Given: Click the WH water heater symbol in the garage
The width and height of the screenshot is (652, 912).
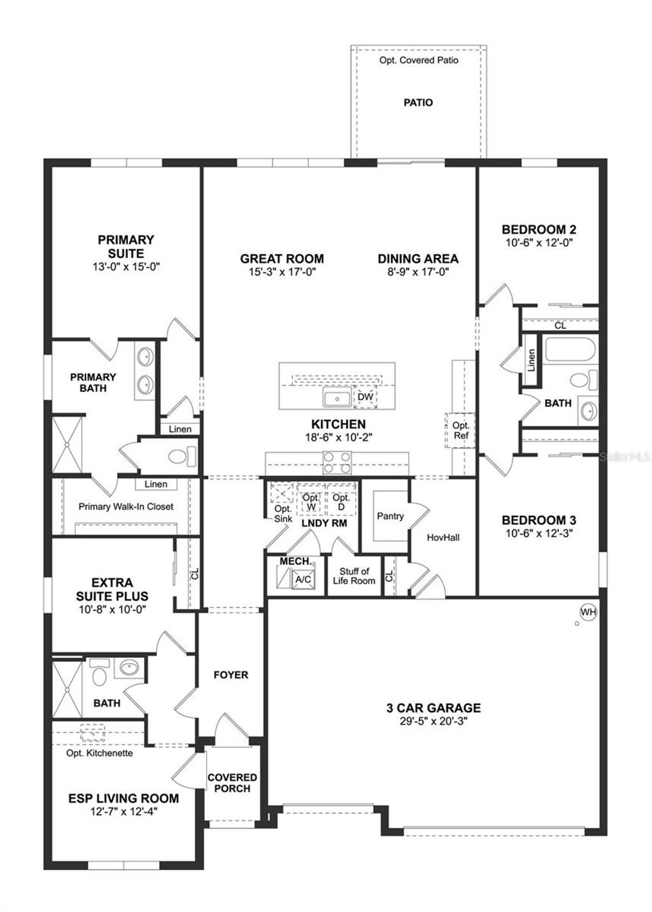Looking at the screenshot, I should (x=588, y=612).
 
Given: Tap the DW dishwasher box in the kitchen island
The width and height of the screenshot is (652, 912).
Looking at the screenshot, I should (x=365, y=397).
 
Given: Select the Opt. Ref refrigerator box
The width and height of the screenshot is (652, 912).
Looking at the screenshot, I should (x=460, y=431).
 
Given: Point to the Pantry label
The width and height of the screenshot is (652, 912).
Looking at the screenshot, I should (x=390, y=516).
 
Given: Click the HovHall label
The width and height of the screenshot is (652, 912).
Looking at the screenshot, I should (x=443, y=538).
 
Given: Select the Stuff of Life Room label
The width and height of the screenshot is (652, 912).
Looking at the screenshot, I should (x=354, y=576).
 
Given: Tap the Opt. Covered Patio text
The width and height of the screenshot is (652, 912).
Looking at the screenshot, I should (x=418, y=60).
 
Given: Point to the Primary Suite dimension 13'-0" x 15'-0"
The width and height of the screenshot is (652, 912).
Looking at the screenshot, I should (x=126, y=267).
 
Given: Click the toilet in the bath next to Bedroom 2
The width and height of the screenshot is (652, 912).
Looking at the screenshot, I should (x=579, y=380).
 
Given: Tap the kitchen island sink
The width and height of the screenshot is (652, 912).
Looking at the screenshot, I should (x=336, y=399).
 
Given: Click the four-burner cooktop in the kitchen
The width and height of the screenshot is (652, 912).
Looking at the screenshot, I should (x=337, y=462).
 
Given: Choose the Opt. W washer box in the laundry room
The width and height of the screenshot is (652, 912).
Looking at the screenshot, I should (x=311, y=501).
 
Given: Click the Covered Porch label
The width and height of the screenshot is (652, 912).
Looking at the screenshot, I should (x=232, y=783).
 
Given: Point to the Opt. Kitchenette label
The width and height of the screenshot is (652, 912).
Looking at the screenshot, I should (x=100, y=753).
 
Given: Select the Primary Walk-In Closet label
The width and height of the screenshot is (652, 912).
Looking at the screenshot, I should (x=126, y=506).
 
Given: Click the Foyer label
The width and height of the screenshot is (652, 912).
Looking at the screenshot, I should (x=230, y=674).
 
